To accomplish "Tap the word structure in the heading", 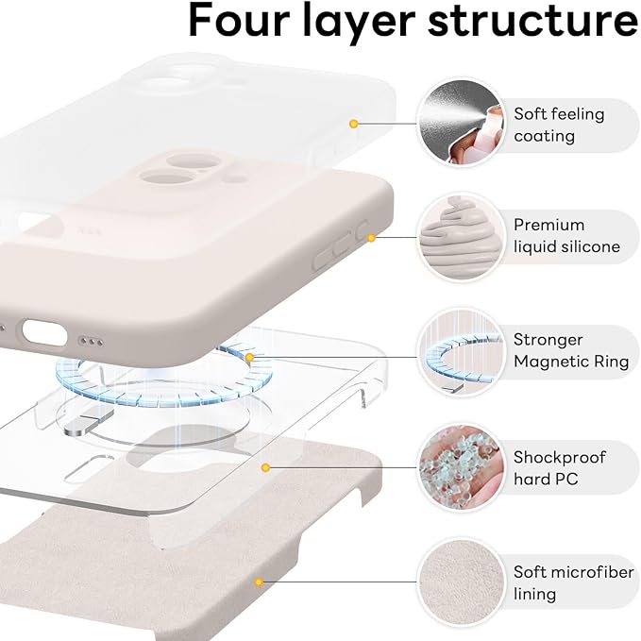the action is click(x=533, y=20).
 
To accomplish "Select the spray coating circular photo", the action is click(x=461, y=123).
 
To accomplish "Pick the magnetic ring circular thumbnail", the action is click(x=461, y=352).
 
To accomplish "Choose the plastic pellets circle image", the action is click(x=461, y=467).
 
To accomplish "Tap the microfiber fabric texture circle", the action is click(x=461, y=582).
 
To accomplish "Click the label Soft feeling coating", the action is click(x=559, y=126).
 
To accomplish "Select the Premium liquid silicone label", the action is click(x=566, y=236).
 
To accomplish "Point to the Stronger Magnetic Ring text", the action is click(x=571, y=351).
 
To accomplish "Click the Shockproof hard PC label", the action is click(x=559, y=468).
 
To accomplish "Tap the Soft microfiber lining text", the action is click(x=574, y=583).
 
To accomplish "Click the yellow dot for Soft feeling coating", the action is click(x=354, y=124).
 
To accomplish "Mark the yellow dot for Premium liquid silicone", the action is click(x=371, y=238).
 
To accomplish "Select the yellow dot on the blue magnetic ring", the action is click(x=250, y=358).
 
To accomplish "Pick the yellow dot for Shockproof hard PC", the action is click(x=265, y=467).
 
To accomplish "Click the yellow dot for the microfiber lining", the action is click(x=259, y=582).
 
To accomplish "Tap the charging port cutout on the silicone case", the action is click(x=44, y=332).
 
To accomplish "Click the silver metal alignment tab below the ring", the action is click(x=89, y=422).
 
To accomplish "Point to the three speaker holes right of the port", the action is click(x=91, y=342).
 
